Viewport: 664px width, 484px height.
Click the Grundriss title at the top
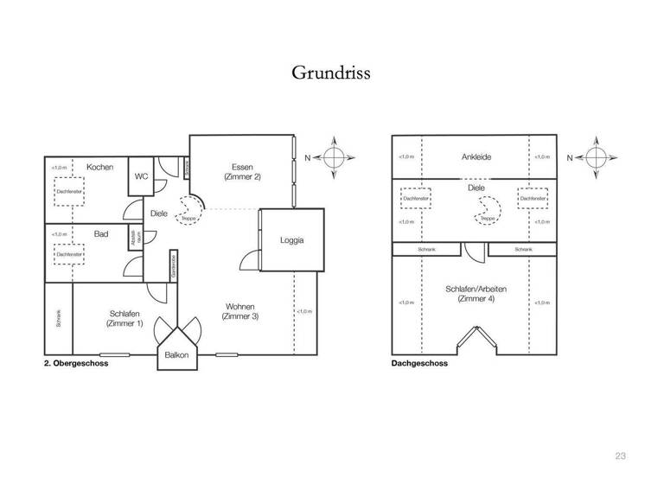[331, 72]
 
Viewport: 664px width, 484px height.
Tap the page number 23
[620, 455]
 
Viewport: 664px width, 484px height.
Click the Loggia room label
[291, 240]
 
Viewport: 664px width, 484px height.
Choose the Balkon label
[177, 354]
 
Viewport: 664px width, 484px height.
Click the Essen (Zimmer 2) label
[241, 171]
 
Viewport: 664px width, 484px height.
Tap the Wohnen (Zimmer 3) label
[239, 311]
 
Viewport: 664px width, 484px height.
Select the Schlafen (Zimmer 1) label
[124, 318]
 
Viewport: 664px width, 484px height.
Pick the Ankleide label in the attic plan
[476, 157]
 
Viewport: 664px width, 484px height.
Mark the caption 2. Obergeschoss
[74, 364]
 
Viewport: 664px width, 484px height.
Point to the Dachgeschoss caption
[419, 364]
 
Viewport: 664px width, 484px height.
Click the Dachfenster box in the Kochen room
[69, 191]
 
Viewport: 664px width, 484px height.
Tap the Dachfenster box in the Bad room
[69, 255]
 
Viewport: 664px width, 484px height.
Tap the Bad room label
[100, 233]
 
